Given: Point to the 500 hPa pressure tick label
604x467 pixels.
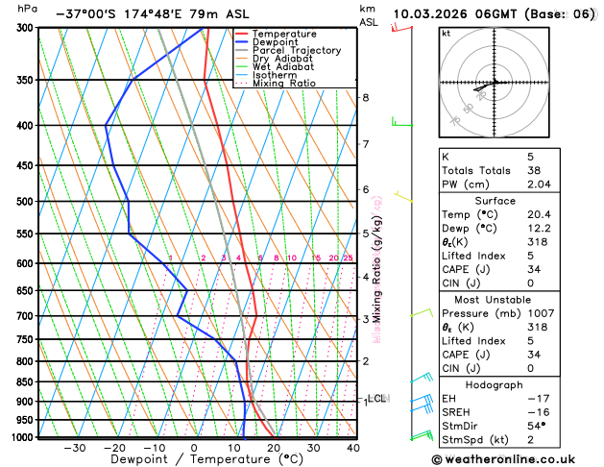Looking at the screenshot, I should (x=24, y=202).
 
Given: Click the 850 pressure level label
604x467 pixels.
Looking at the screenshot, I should (x=24, y=381).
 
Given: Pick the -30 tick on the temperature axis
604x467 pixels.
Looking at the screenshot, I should (x=74, y=448).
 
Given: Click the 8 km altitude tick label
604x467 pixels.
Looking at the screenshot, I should (x=366, y=97).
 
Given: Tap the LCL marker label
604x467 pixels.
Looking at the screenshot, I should (x=377, y=398).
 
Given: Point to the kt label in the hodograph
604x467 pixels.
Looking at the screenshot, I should (x=446, y=33).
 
